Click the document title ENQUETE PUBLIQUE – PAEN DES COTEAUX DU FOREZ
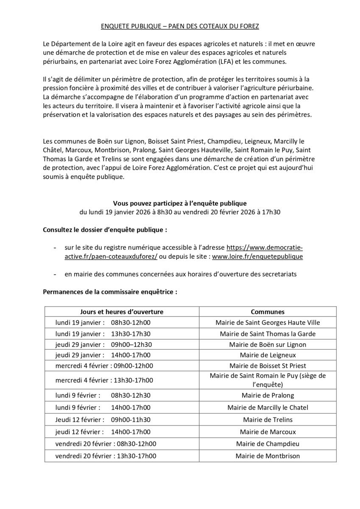tap(180, 26)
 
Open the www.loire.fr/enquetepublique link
tap(257, 257)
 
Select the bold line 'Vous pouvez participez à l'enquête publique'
tap(180, 203)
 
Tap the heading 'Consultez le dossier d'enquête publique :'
tap(105, 230)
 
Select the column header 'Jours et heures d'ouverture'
tap(122, 312)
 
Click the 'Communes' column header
tap(268, 312)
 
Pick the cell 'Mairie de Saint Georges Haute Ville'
tap(268, 322)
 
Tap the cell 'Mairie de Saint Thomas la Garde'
tap(268, 334)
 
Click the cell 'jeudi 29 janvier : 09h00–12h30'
tap(103, 344)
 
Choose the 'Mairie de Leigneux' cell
tap(268, 355)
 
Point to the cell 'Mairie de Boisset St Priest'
tap(268, 366)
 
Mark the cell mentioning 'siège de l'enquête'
tap(268, 380)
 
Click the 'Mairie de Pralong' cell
tap(268, 395)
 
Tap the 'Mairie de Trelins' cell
tap(268, 420)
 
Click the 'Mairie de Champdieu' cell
tap(268, 444)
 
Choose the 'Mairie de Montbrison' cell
tap(268, 456)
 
